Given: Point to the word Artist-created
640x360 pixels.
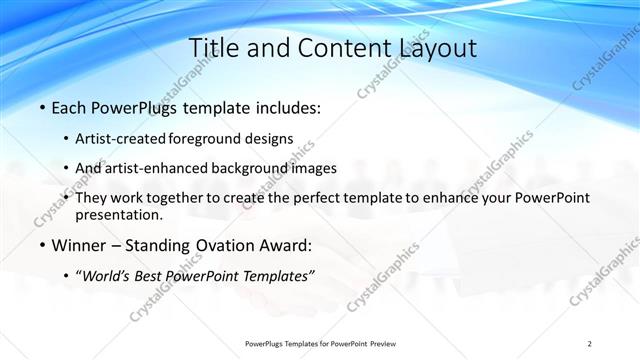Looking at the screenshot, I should [121, 139].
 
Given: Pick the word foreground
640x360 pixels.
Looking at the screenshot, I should [209, 139].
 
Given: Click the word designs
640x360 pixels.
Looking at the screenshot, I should [271, 139].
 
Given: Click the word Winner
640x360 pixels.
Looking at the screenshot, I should [78, 244].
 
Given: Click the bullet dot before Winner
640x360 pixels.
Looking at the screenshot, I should [41, 245].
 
